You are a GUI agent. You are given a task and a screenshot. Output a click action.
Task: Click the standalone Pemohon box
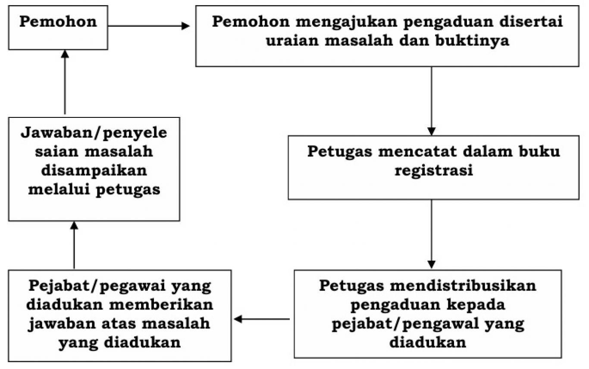(x=58, y=28)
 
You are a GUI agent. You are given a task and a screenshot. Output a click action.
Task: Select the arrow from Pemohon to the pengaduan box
(x=149, y=26)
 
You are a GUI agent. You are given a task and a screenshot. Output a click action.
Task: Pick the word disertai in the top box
(x=531, y=22)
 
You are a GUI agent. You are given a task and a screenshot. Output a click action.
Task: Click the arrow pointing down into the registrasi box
(x=431, y=101)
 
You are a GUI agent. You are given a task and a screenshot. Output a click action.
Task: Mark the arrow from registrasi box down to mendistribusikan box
(x=431, y=234)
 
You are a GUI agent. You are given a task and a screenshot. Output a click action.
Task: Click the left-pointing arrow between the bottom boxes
(x=262, y=319)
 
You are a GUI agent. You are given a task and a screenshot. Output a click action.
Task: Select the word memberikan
(x=161, y=305)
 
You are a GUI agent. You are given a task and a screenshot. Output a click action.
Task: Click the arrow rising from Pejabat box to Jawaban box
(x=74, y=245)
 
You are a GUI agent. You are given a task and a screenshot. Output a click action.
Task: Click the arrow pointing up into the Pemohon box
(x=65, y=82)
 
